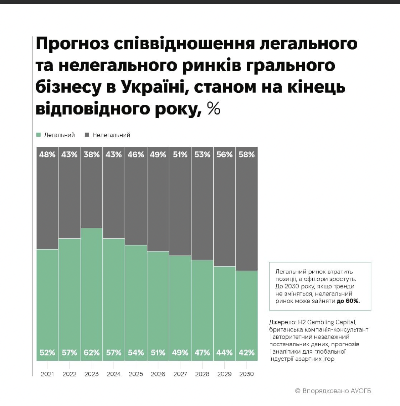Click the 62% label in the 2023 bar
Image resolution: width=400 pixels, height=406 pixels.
tap(92, 353)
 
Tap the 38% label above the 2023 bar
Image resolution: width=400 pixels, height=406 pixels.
tap(92, 155)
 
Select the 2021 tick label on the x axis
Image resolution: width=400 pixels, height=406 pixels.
tap(47, 374)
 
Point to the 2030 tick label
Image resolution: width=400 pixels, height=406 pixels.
tap(246, 374)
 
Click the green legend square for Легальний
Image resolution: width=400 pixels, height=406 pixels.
tap(39, 135)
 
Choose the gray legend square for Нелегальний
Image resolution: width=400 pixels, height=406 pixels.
tap(87, 135)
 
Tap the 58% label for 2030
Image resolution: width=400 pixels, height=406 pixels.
tap(247, 155)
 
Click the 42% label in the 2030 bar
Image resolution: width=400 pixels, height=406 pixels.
tap(247, 353)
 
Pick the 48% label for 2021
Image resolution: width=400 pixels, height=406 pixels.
tap(47, 155)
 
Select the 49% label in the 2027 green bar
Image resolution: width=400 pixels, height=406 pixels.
tap(180, 353)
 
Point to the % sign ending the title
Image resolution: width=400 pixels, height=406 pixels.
tap(214, 109)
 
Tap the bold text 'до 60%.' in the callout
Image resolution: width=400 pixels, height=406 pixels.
tap(348, 301)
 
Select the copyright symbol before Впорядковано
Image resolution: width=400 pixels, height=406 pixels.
tap(298, 391)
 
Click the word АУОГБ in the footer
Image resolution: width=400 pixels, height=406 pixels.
tap(361, 391)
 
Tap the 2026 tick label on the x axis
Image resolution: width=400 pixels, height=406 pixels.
tap(158, 374)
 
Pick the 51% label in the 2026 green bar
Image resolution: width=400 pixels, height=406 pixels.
tap(158, 353)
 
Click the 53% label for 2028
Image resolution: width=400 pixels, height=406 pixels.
tap(202, 155)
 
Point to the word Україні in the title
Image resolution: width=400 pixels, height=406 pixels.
tap(154, 87)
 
